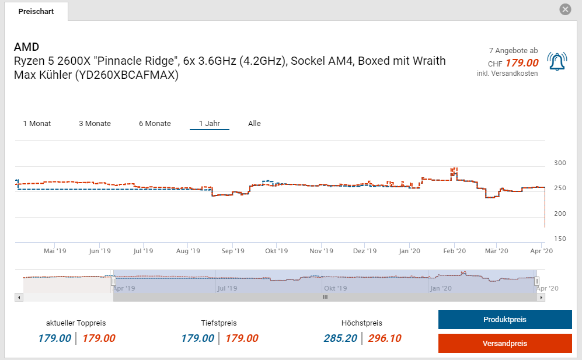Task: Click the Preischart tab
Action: [x=36, y=12]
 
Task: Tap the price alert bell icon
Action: [x=557, y=61]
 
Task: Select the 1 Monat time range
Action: [x=37, y=124]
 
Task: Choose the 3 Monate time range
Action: [x=95, y=124]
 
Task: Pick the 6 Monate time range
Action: [x=155, y=124]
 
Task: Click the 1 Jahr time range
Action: [x=209, y=124]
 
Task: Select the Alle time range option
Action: [x=254, y=124]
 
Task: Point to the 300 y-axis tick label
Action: [x=559, y=163]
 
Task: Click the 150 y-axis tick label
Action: [x=559, y=239]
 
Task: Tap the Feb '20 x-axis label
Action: [x=454, y=251]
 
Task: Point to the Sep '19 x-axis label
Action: [x=232, y=251]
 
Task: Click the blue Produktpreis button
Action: [x=505, y=320]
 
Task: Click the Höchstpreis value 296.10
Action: [x=384, y=338]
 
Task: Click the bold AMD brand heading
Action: [x=26, y=47]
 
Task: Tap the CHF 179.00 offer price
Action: [x=521, y=63]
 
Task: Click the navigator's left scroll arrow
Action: [x=19, y=297]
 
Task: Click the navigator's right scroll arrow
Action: [x=541, y=297]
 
